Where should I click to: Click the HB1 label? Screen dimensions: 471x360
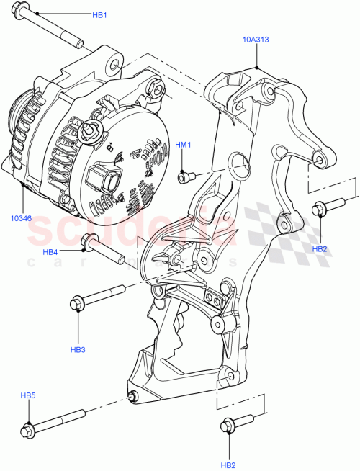tap(99, 15)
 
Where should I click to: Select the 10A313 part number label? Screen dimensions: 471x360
tap(256, 41)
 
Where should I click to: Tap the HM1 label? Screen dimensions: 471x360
tap(184, 145)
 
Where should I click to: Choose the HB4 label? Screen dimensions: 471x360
tap(50, 252)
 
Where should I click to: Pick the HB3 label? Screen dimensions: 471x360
tap(78, 350)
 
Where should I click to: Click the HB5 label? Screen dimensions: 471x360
tap(28, 395)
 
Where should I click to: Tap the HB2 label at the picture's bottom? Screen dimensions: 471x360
tap(228, 465)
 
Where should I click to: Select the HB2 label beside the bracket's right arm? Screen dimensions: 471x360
tap(320, 248)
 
